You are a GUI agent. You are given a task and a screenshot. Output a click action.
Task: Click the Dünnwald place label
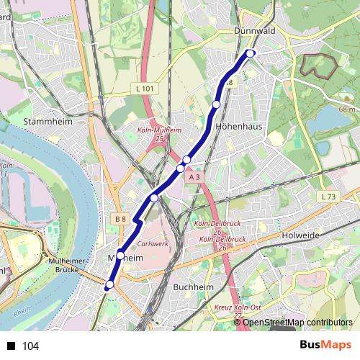pos(251,31)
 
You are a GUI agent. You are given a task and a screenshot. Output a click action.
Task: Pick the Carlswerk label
pos(152,243)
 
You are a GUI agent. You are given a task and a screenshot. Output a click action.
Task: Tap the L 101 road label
pos(145,88)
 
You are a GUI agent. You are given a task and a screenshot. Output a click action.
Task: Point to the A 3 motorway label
pos(192,176)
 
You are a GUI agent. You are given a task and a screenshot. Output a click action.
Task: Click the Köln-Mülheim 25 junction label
pos(158,134)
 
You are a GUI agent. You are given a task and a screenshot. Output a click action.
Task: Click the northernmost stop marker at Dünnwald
pos(251,53)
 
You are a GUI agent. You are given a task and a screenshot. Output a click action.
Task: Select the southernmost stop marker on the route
pos(109,285)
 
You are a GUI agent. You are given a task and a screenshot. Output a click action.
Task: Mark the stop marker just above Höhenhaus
pos(216,105)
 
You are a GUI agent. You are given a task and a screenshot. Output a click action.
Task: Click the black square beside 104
pos(11,346)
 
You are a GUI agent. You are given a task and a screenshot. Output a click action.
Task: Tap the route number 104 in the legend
pos(30,346)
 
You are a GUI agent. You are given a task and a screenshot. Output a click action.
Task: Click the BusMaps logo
pos(325,345)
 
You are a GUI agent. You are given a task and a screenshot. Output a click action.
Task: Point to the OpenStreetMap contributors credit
pos(297,323)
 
